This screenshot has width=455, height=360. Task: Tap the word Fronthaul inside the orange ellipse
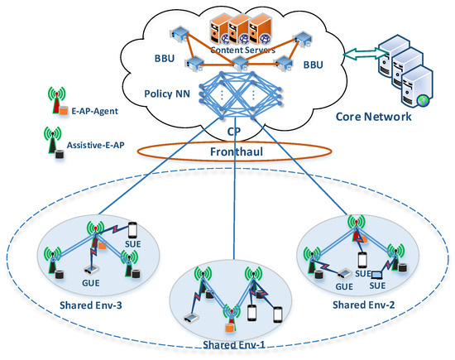[x=237, y=152]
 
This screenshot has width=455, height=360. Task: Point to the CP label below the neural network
[x=237, y=130]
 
